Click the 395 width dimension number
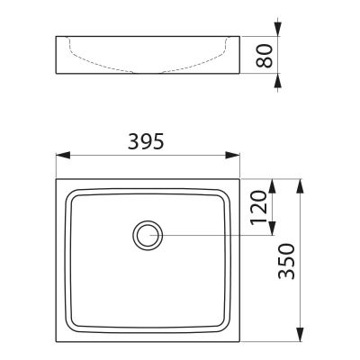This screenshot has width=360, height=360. pos(146,141)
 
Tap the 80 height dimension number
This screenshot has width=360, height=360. pos(265,56)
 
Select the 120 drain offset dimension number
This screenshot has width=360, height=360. pos(258,208)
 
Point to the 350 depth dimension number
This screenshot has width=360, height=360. pos(286,261)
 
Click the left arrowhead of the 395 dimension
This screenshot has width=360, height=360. pos(63,155)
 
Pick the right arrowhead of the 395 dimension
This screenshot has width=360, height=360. pos(233,155)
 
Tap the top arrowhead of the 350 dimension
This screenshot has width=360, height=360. pos(301,186)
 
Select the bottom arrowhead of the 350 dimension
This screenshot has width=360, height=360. pos(301,335)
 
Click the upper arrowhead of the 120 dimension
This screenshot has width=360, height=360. pos(272,186)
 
